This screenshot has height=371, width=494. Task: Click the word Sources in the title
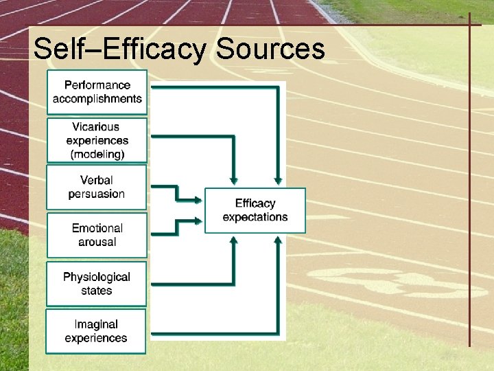[270, 49]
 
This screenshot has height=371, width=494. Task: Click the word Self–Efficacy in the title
[120, 49]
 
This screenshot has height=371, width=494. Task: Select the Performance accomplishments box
[97, 92]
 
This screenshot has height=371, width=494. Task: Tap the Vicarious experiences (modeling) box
[97, 140]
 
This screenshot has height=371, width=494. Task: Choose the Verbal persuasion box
[97, 187]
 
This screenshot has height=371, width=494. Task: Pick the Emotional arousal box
[97, 235]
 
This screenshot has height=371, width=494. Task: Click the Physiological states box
[97, 284]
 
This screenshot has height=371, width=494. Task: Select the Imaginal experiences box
[96, 331]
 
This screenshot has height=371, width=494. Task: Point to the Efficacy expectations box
[255, 210]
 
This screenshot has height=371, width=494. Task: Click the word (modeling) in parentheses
[97, 154]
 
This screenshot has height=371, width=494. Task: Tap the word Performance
[97, 85]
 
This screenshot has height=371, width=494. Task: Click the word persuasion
[97, 194]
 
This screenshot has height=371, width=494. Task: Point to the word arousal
[97, 242]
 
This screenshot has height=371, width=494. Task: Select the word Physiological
[97, 277]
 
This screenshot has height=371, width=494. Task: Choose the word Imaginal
[96, 324]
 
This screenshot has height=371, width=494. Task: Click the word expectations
[255, 217]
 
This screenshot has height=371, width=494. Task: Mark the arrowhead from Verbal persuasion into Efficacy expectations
[200, 200]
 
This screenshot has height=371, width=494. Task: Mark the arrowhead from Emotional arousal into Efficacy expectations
[200, 221]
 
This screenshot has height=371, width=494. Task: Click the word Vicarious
[96, 126]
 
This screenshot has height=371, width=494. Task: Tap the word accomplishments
[97, 99]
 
